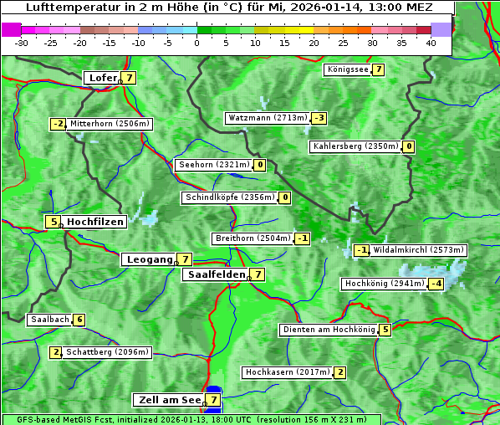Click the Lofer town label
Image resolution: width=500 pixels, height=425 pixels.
[102, 78]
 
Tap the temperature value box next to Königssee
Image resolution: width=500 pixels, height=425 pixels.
[378, 69]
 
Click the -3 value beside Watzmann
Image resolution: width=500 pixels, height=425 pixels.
[319, 118]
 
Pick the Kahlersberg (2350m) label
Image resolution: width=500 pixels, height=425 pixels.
[355, 146]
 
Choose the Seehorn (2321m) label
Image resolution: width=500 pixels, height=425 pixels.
[214, 165]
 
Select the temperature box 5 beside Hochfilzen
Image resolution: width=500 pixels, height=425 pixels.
[54, 222]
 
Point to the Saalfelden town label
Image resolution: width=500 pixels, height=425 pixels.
[216, 274]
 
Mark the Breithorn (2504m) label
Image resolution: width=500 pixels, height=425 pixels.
[253, 238]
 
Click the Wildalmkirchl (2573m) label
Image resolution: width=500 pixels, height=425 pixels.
[419, 249]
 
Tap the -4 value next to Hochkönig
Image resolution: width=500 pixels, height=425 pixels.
[436, 284]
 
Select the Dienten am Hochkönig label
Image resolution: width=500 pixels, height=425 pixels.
[329, 330]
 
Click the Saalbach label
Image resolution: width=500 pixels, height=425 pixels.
[49, 320]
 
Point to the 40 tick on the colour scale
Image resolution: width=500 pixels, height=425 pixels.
[431, 42]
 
